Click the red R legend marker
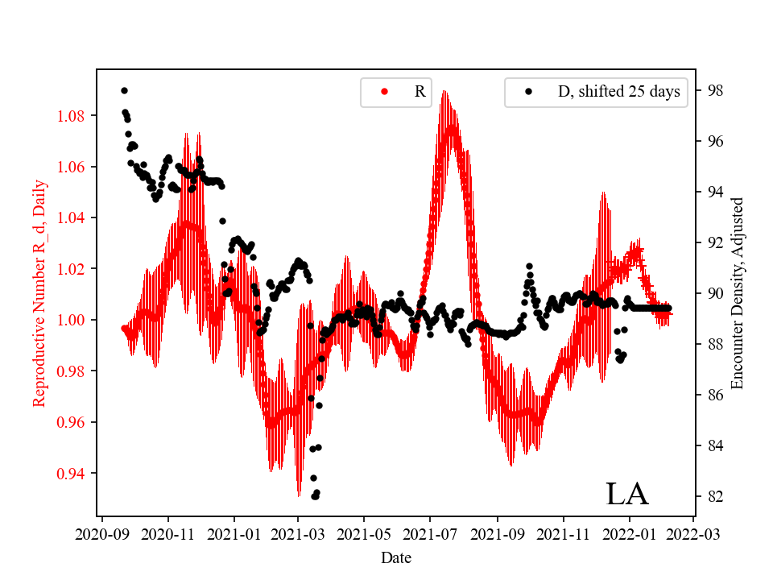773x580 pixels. pyautogui.click(x=384, y=92)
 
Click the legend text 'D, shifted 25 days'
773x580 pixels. pyautogui.click(x=618, y=92)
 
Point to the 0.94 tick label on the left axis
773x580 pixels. pyautogui.click(x=71, y=473)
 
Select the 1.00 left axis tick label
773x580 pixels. pyautogui.click(x=71, y=320)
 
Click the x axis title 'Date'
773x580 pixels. pyautogui.click(x=396, y=557)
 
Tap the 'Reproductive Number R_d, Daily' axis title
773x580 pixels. pyautogui.click(x=39, y=293)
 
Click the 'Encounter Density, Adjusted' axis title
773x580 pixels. pyautogui.click(x=738, y=293)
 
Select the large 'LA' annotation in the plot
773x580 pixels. pyautogui.click(x=626, y=494)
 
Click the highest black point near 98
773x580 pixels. pyautogui.click(x=124, y=90)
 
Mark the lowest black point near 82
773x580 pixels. pyautogui.click(x=315, y=496)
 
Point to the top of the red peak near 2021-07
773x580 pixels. pyautogui.click(x=444, y=92)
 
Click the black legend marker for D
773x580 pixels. pyautogui.click(x=529, y=92)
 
